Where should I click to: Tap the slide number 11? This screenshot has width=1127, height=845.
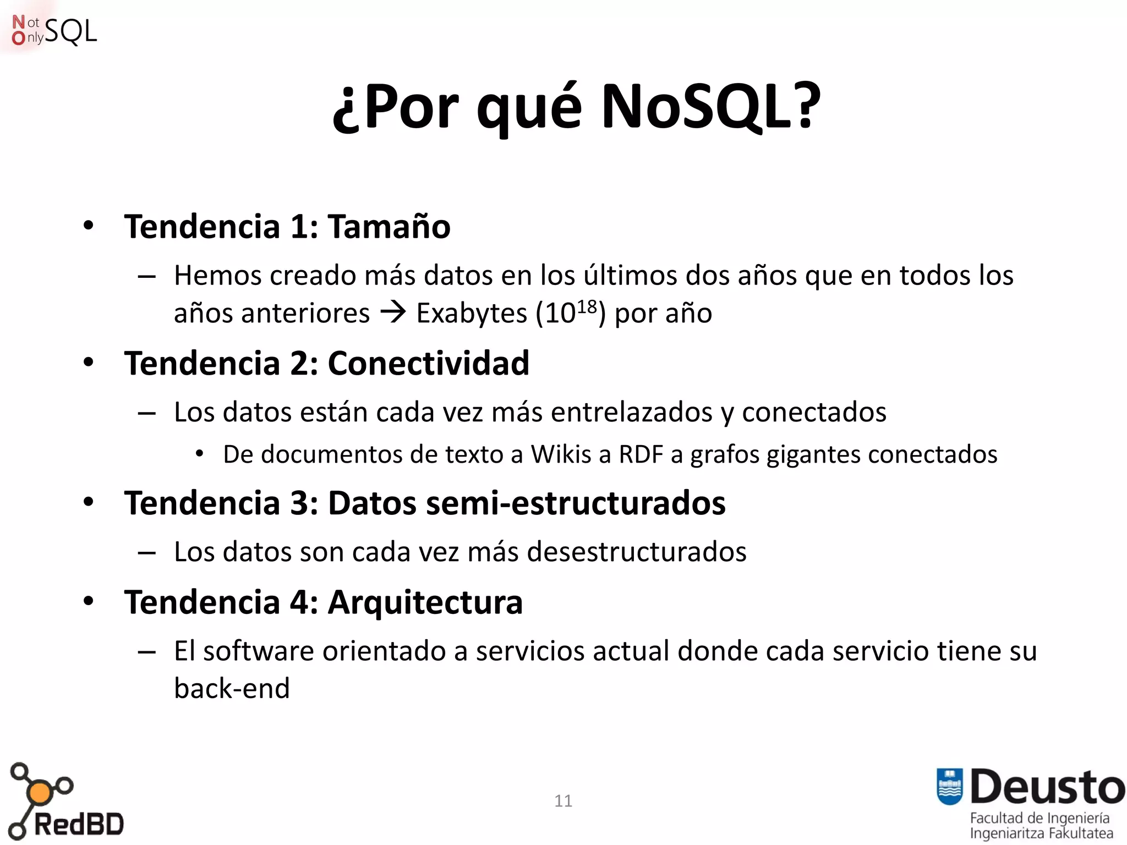point(563,801)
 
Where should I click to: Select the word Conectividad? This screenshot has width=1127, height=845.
point(428,363)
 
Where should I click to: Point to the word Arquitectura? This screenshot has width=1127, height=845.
point(425,602)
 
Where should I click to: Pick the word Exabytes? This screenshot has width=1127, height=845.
point(472,314)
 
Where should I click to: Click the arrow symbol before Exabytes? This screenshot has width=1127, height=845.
point(393,312)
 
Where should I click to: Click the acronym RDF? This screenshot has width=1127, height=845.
point(641,454)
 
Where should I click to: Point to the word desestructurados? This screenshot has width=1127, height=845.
point(637,552)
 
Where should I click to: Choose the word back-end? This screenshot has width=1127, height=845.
point(232,688)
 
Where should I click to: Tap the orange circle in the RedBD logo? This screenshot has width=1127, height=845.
point(39,793)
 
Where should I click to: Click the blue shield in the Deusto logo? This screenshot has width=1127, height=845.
point(949,786)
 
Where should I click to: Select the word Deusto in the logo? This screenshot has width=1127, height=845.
point(1047,787)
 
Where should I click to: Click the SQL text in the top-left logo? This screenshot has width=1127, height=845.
point(70,31)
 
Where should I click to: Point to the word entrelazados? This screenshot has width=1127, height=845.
point(632,412)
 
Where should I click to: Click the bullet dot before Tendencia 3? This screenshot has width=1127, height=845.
point(89,502)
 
